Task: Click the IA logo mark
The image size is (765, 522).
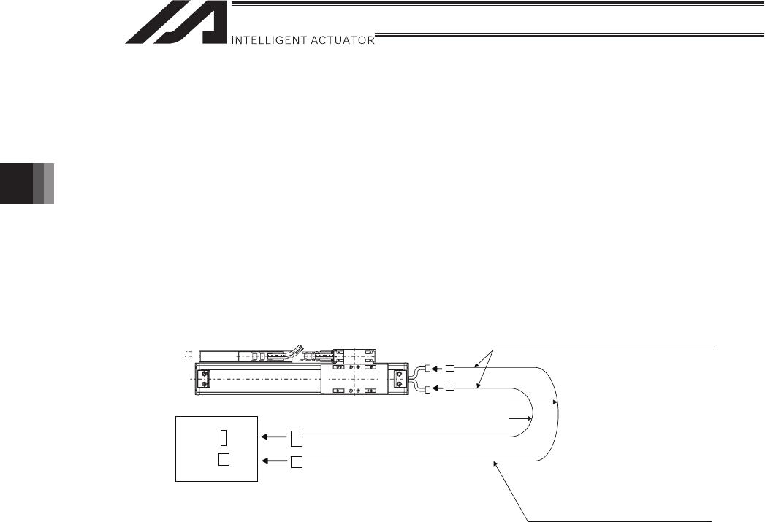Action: point(176,23)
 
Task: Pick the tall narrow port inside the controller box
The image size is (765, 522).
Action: point(224,438)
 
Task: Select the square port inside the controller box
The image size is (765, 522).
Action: point(224,460)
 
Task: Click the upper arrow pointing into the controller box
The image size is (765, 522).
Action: point(274,437)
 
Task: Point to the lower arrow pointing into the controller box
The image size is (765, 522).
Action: point(274,461)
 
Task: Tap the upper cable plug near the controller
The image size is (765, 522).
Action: point(297,439)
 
